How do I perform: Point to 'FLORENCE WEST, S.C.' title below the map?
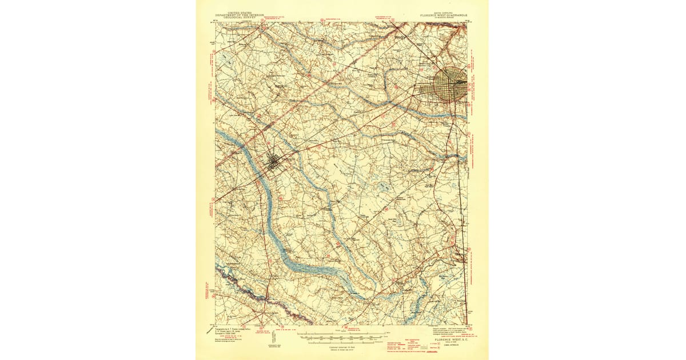click(450, 339)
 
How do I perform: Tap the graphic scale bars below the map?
click(341, 338)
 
